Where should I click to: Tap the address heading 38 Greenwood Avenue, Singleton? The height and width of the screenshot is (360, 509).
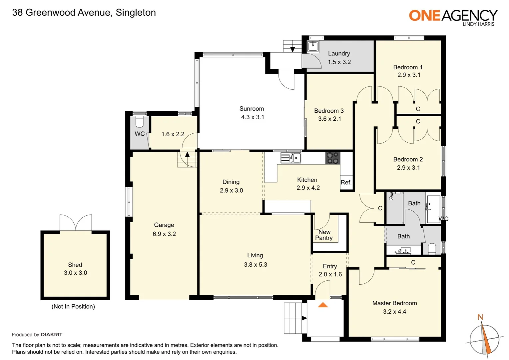point(84,13)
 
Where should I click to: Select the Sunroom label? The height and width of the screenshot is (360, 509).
point(252,109)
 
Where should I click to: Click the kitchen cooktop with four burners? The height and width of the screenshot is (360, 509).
point(332,158)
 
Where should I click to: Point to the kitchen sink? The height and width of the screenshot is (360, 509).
point(290,158)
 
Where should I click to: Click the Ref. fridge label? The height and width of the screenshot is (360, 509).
point(346,182)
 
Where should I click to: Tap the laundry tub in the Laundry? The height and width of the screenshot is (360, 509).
point(312,46)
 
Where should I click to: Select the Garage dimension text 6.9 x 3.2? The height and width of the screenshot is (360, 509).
point(164,234)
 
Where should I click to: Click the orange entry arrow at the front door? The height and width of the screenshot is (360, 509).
point(323,305)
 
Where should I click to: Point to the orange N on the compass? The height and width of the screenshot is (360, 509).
point(480,317)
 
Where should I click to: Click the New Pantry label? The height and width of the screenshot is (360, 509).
point(324,235)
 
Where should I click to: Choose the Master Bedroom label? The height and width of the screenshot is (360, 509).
point(394,303)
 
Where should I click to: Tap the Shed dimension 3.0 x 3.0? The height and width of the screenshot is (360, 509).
point(75,273)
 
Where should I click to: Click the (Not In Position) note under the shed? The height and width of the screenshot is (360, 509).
point(73,306)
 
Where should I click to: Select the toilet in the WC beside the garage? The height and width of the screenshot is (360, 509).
point(139,122)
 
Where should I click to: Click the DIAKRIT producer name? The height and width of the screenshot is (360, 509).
point(51,335)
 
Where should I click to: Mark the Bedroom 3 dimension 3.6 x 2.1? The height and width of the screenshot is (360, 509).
point(329,119)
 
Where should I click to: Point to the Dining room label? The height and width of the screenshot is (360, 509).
point(231,182)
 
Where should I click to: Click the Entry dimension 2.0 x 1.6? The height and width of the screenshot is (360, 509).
point(330,274)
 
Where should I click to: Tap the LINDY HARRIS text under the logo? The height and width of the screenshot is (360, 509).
point(478,24)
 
